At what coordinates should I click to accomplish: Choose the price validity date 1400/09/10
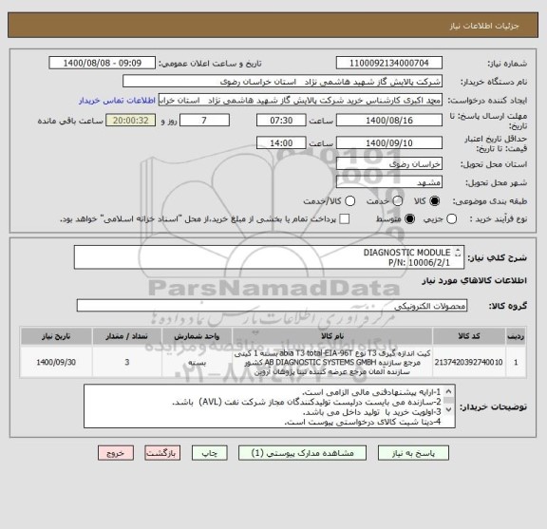point(394,142)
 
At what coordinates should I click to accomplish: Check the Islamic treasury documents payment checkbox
point(344,219)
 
